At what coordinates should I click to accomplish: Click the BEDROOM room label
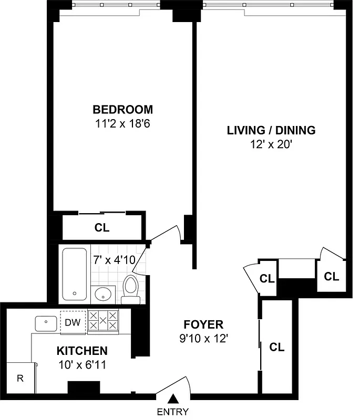click(122, 110)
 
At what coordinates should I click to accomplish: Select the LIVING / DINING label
click(271, 130)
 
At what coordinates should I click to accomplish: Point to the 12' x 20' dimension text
click(271, 144)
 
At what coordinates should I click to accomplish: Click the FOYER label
click(203, 324)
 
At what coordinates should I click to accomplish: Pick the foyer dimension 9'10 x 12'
click(203, 339)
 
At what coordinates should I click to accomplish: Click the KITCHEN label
click(82, 351)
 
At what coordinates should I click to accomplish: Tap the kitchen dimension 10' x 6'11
click(82, 365)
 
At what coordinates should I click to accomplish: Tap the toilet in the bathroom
click(130, 290)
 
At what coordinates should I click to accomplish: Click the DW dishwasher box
click(73, 322)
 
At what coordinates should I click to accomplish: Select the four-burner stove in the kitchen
click(102, 320)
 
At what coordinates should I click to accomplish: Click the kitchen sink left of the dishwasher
click(47, 323)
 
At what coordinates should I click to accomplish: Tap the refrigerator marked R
click(19, 378)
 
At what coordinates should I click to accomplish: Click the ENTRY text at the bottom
click(172, 412)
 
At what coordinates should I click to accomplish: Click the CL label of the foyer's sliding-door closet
click(277, 347)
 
